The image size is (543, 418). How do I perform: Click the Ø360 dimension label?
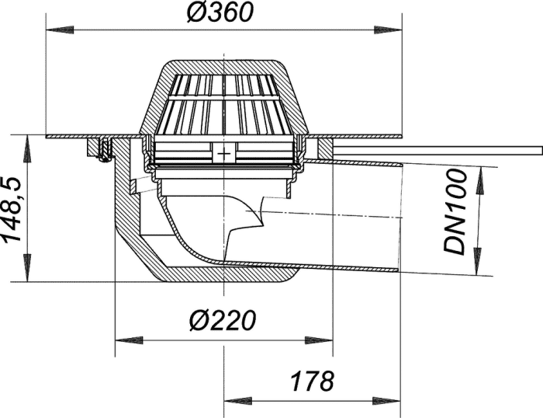click(x=220, y=12)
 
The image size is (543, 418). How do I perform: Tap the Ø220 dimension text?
click(x=223, y=320)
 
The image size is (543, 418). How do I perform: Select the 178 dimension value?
click(x=313, y=381)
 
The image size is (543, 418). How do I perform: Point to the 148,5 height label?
click(x=12, y=210)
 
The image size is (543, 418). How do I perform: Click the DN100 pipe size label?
click(x=455, y=212)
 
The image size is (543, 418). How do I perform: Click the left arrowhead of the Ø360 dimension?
click(x=60, y=30)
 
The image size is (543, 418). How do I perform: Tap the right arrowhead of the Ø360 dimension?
click(x=388, y=30)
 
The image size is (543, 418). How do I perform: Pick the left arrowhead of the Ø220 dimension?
click(x=129, y=340)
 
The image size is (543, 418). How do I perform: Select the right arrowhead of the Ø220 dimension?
click(x=319, y=340)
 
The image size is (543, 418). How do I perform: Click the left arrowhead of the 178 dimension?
click(x=238, y=402)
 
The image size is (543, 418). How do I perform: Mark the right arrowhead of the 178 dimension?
click(x=386, y=402)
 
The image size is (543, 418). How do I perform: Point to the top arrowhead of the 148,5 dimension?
click(x=26, y=149)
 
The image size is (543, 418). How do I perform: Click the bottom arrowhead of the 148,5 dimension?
click(x=26, y=267)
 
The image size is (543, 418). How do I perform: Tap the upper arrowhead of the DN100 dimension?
click(x=481, y=180)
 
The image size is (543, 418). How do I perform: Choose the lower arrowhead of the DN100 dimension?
click(x=478, y=262)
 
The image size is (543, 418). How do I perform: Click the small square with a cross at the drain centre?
click(x=224, y=153)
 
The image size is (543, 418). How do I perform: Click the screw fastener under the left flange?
click(x=104, y=151)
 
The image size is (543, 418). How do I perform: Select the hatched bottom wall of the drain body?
click(x=225, y=275)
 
